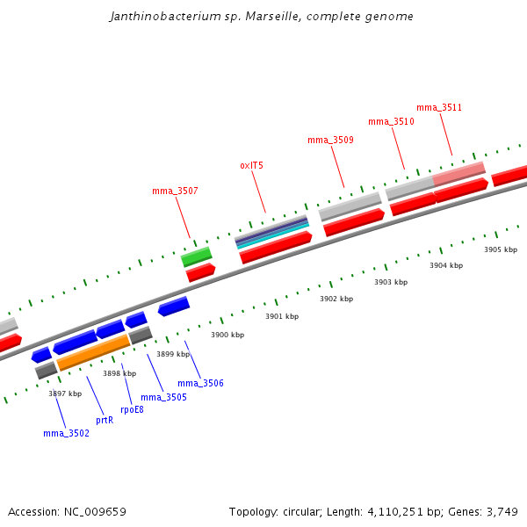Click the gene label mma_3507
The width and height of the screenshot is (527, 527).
[175, 191]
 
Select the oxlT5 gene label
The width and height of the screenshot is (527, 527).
[251, 165]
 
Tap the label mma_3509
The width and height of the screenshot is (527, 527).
[330, 141]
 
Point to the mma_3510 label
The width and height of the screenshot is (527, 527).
[391, 121]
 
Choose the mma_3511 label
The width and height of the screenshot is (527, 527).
[439, 108]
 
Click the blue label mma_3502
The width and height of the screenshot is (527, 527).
[66, 433]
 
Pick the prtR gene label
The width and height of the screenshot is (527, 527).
[105, 421]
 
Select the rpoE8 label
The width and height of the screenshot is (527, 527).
[132, 409]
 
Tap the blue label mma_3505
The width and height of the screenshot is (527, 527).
[163, 397]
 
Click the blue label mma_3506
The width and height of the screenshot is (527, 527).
[200, 383]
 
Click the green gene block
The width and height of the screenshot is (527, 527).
[197, 256]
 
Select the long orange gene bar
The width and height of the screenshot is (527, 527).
[93, 352]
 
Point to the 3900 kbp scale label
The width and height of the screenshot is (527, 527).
[227, 335]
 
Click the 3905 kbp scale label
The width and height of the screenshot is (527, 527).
[501, 249]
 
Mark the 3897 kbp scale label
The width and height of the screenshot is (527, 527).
[65, 393]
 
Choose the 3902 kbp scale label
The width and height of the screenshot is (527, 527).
[336, 299]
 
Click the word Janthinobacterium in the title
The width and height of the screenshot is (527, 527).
[161, 17]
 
